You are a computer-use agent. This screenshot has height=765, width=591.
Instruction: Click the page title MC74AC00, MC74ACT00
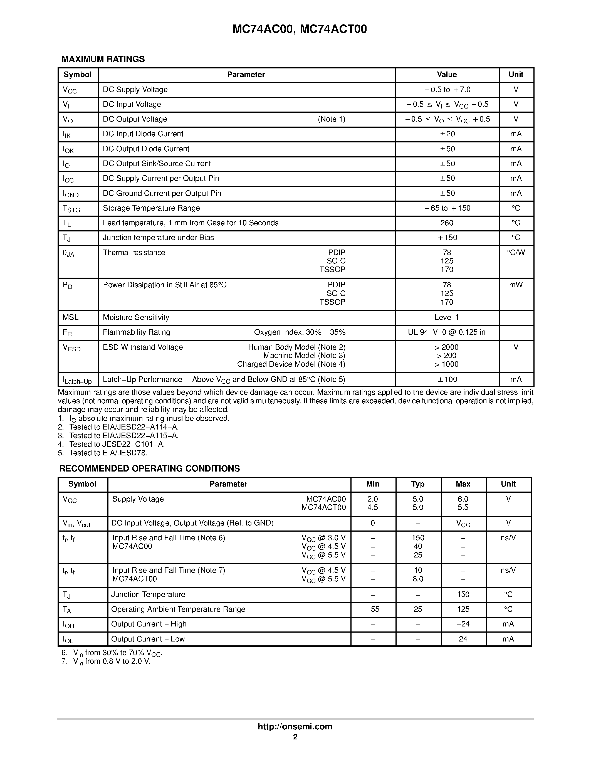[x=300, y=29]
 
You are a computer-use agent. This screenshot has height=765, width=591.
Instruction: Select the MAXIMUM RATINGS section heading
[x=103, y=59]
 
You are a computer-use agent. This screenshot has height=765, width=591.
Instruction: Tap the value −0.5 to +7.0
[x=447, y=90]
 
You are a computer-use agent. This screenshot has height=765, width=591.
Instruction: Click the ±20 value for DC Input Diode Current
[x=447, y=134]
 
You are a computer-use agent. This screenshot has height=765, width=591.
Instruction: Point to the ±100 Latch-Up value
[x=447, y=379]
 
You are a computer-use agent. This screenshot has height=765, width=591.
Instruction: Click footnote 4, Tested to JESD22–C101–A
[x=117, y=444]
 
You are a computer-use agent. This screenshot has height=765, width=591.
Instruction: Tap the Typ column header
[x=418, y=484]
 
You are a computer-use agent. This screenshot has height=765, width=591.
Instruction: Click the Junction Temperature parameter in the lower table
[x=148, y=594]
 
